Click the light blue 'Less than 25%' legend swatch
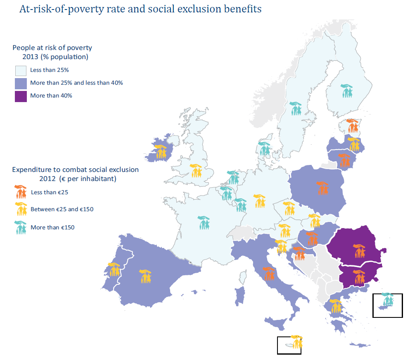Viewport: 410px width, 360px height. (21, 70)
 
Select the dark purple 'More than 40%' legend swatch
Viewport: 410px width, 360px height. (21, 96)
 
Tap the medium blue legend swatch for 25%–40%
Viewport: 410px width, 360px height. (21, 83)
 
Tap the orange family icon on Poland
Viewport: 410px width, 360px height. (323, 188)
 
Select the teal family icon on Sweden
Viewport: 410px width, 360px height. (295, 109)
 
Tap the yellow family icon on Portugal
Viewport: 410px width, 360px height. (114, 269)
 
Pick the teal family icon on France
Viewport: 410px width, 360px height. (204, 223)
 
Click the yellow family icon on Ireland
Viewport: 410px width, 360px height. (161, 151)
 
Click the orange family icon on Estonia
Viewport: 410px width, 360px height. (352, 126)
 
